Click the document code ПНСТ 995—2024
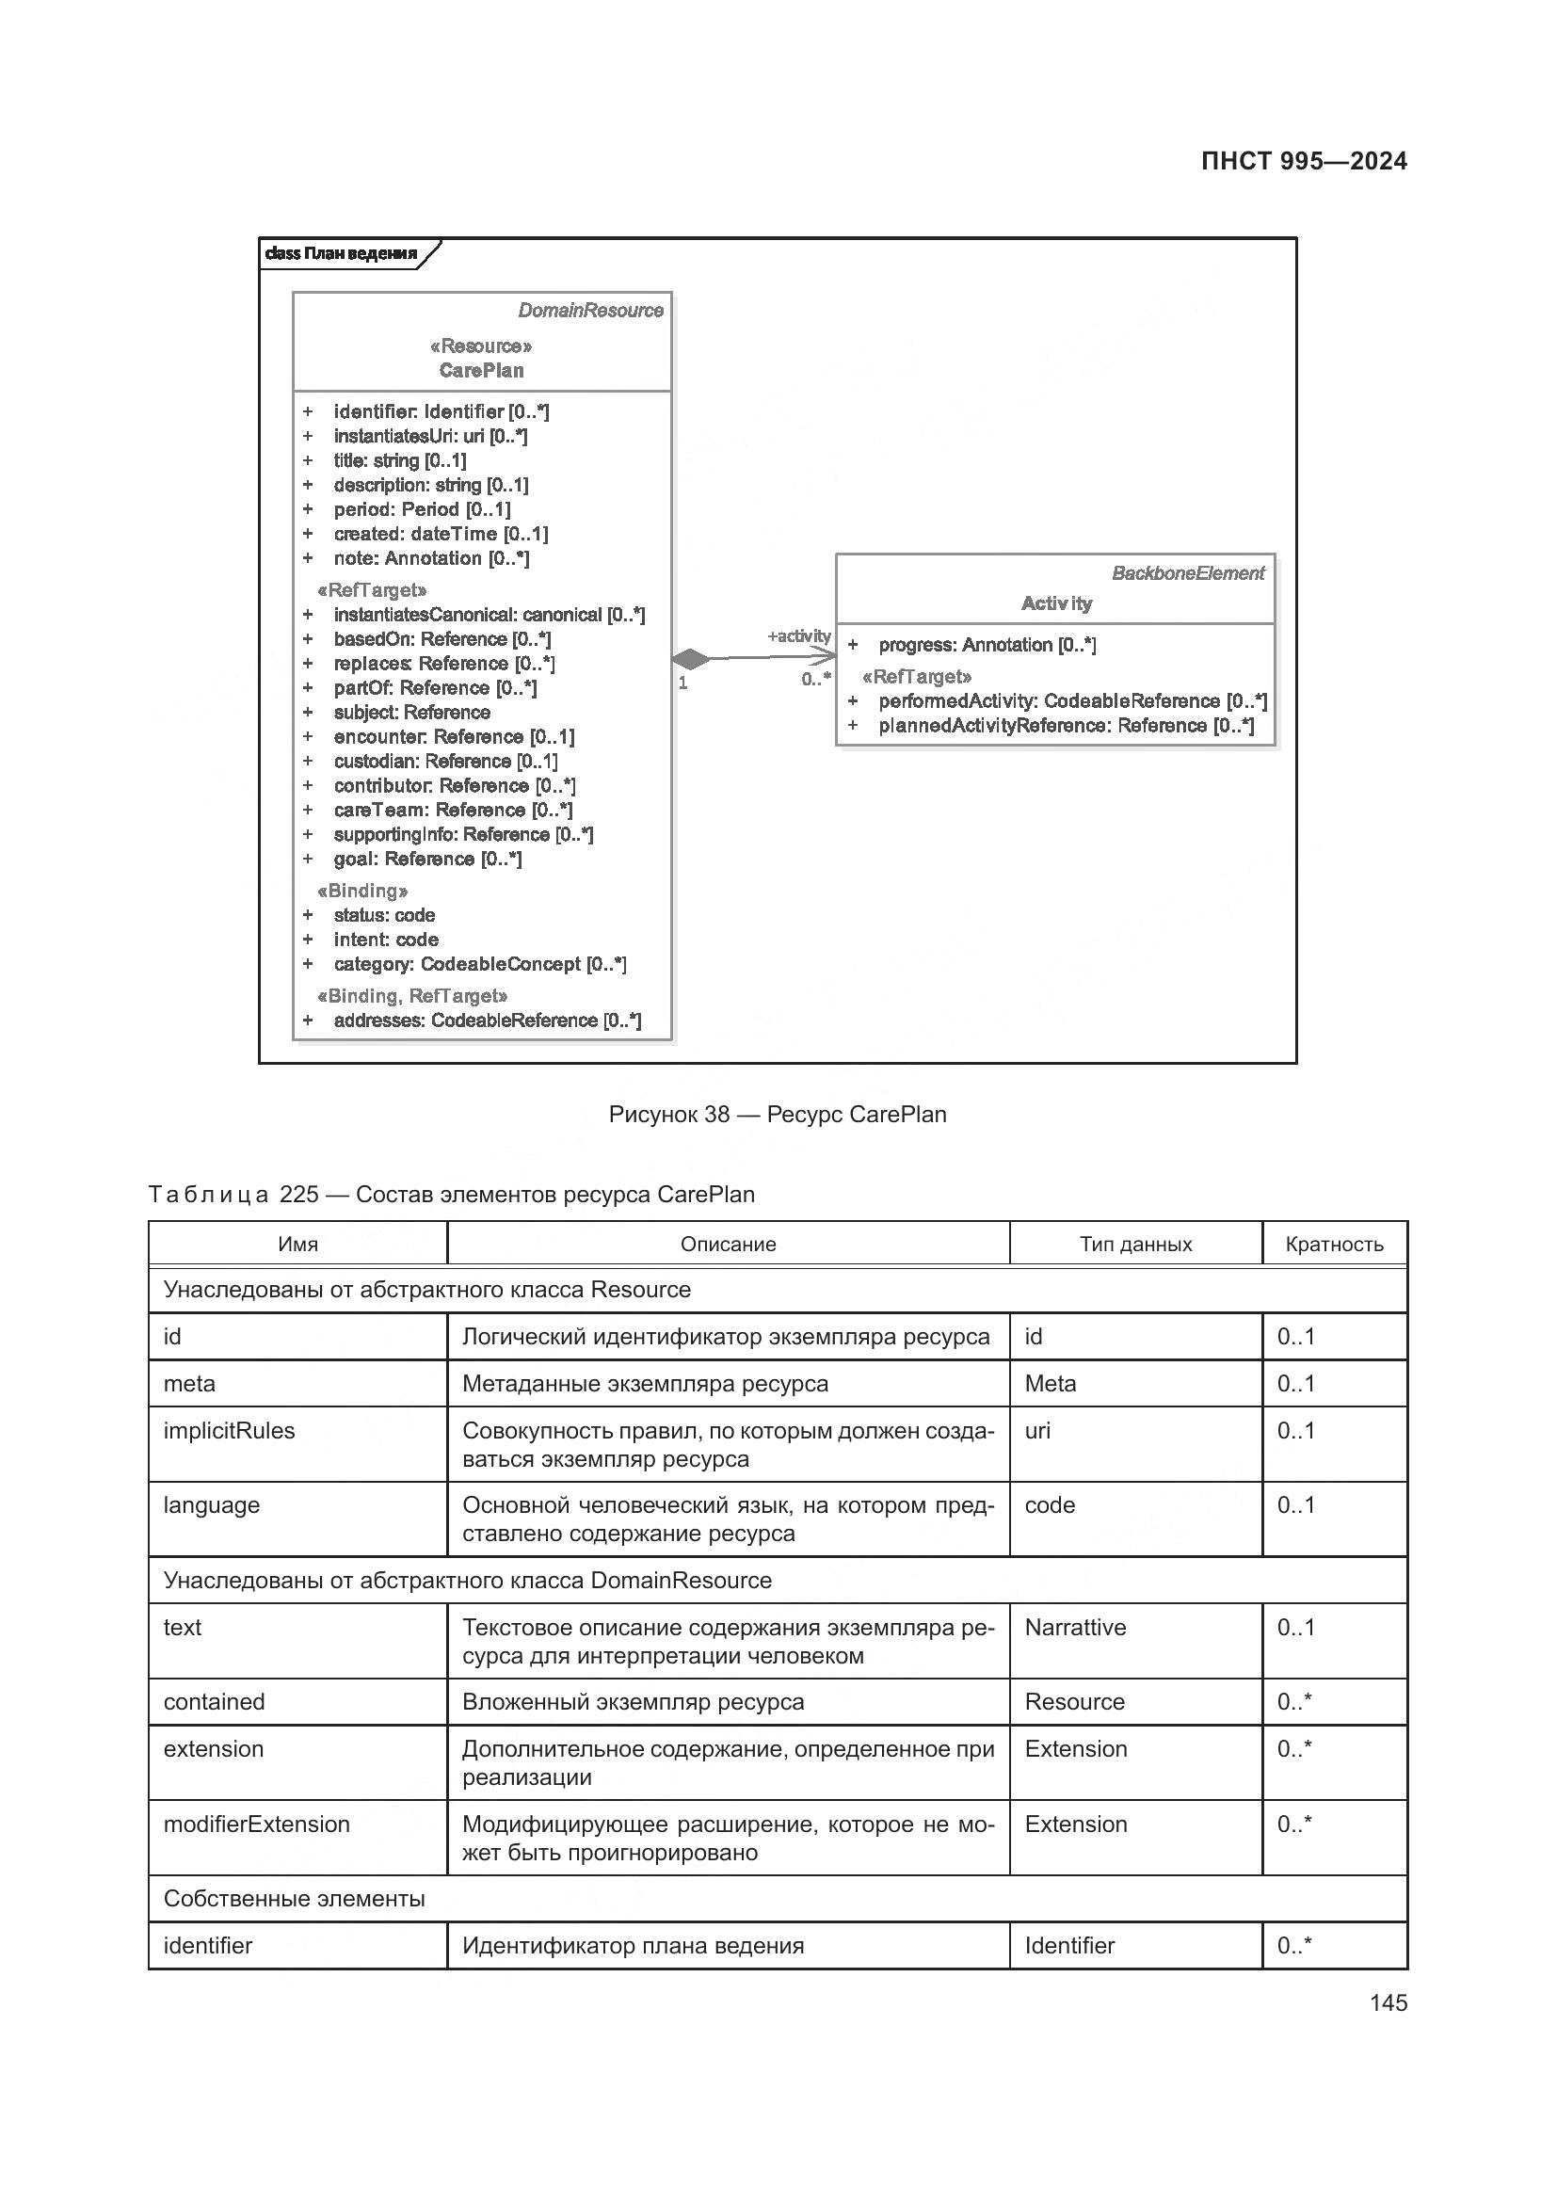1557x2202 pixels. click(1303, 161)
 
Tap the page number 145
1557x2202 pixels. click(1388, 2002)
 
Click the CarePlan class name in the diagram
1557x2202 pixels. click(481, 370)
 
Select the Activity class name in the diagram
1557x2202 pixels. click(1055, 603)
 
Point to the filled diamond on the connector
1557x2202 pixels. click(691, 659)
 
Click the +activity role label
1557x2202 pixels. click(798, 635)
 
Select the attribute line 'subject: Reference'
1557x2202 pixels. click(411, 713)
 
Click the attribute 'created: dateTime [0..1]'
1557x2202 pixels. click(440, 534)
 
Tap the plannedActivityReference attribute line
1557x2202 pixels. click(1066, 726)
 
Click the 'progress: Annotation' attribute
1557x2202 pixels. click(987, 646)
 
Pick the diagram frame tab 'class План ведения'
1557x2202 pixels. click(342, 254)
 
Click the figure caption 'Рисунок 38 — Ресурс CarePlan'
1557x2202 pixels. click(778, 1115)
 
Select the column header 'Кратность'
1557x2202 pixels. click(1334, 1245)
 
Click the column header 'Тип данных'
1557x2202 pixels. click(1135, 1245)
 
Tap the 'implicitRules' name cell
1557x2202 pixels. click(229, 1431)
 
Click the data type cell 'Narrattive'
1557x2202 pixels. click(1075, 1628)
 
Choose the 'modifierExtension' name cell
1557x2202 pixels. click(257, 1824)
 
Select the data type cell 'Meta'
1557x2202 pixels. click(1050, 1384)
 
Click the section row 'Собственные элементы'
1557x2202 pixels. click(295, 1899)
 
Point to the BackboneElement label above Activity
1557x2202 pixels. click(1187, 573)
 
